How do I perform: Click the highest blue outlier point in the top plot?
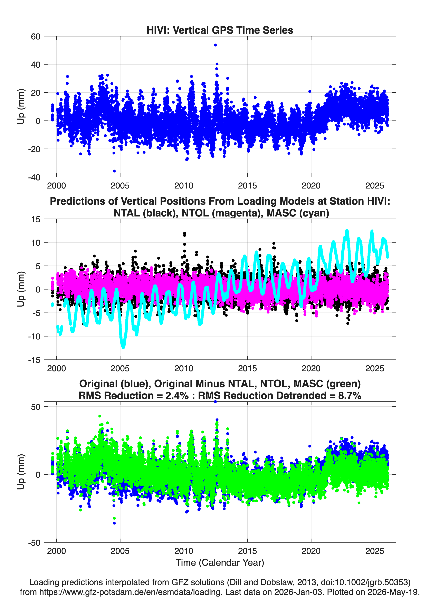coord(215,45)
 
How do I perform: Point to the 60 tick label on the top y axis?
coord(36,37)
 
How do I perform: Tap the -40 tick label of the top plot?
coord(34,177)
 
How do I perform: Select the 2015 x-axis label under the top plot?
coord(247,186)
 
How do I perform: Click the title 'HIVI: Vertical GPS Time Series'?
coord(220,30)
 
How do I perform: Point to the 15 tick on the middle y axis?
coord(36,219)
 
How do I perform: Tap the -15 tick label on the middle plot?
coord(34,360)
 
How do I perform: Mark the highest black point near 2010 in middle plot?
coord(184,233)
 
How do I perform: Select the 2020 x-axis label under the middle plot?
coord(311,368)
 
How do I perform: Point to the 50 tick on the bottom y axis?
coord(36,407)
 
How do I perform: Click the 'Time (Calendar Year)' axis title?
coord(220,563)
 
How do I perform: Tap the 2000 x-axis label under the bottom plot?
coord(56,551)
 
